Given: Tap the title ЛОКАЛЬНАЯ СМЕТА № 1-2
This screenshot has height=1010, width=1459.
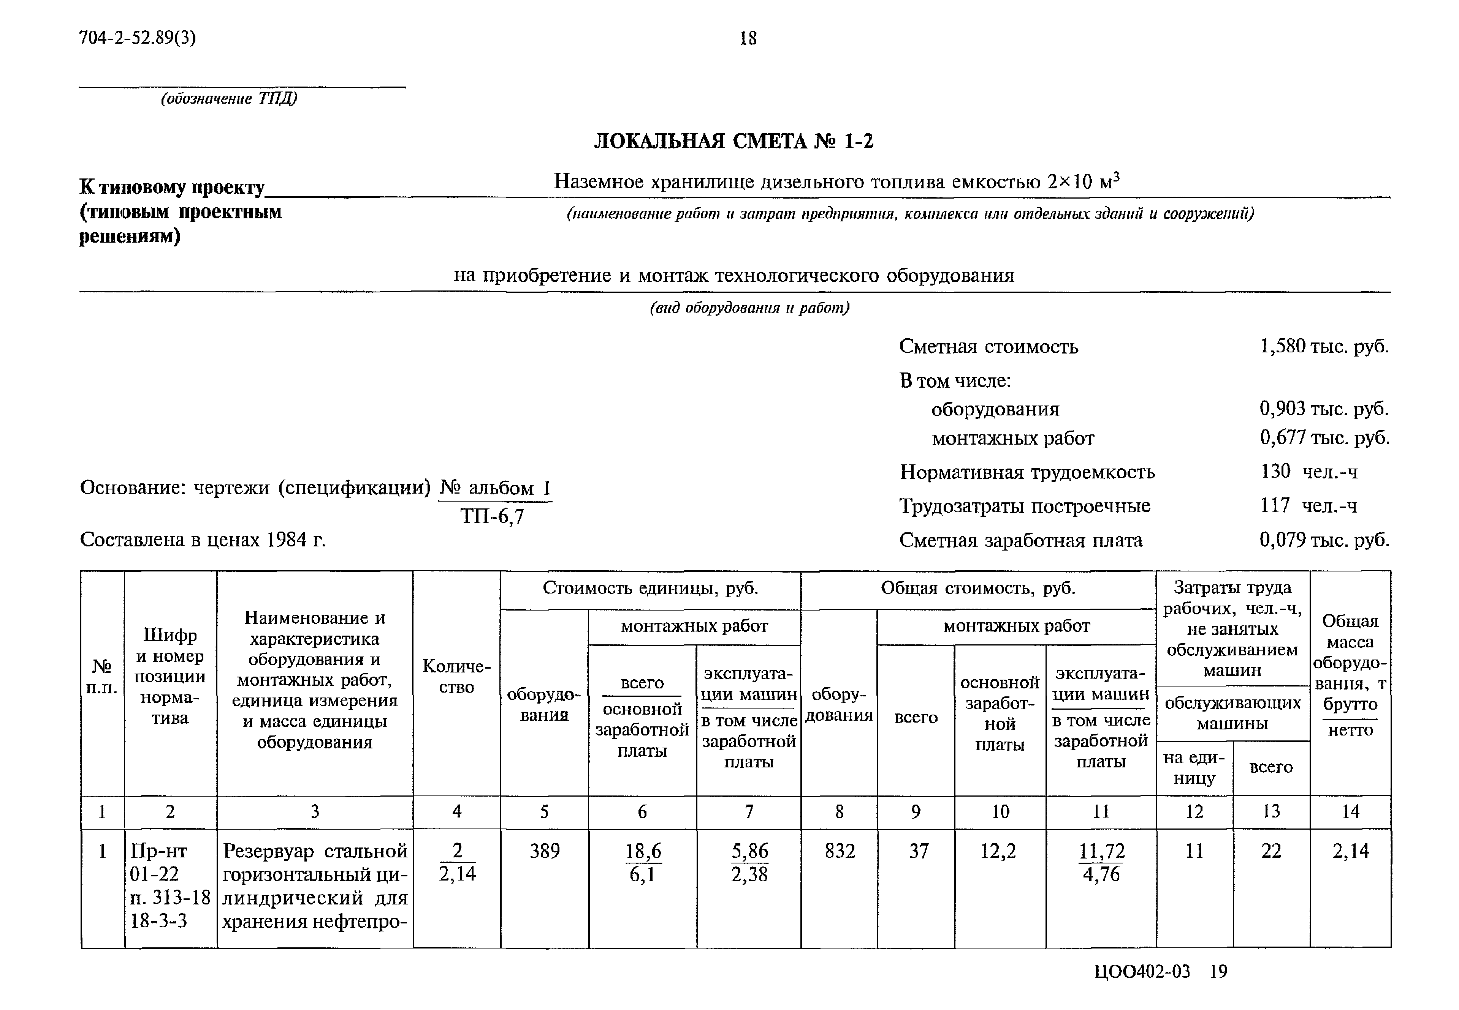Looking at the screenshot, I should pos(733,140).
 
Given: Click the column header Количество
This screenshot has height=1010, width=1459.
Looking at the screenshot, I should pos(456,677).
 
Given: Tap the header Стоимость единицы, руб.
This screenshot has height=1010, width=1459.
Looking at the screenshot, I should pos(650,589).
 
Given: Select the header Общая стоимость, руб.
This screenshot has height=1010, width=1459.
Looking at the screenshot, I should pos(978,589).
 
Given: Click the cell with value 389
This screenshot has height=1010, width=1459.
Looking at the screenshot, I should pos(545,851).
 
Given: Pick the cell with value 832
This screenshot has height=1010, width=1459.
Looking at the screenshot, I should pos(839,851).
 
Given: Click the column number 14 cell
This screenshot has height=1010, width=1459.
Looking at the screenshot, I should pos(1350,811).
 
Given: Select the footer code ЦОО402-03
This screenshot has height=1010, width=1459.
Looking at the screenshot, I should pos(1142,971).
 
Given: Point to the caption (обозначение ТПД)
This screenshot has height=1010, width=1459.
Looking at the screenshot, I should pos(229,99).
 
